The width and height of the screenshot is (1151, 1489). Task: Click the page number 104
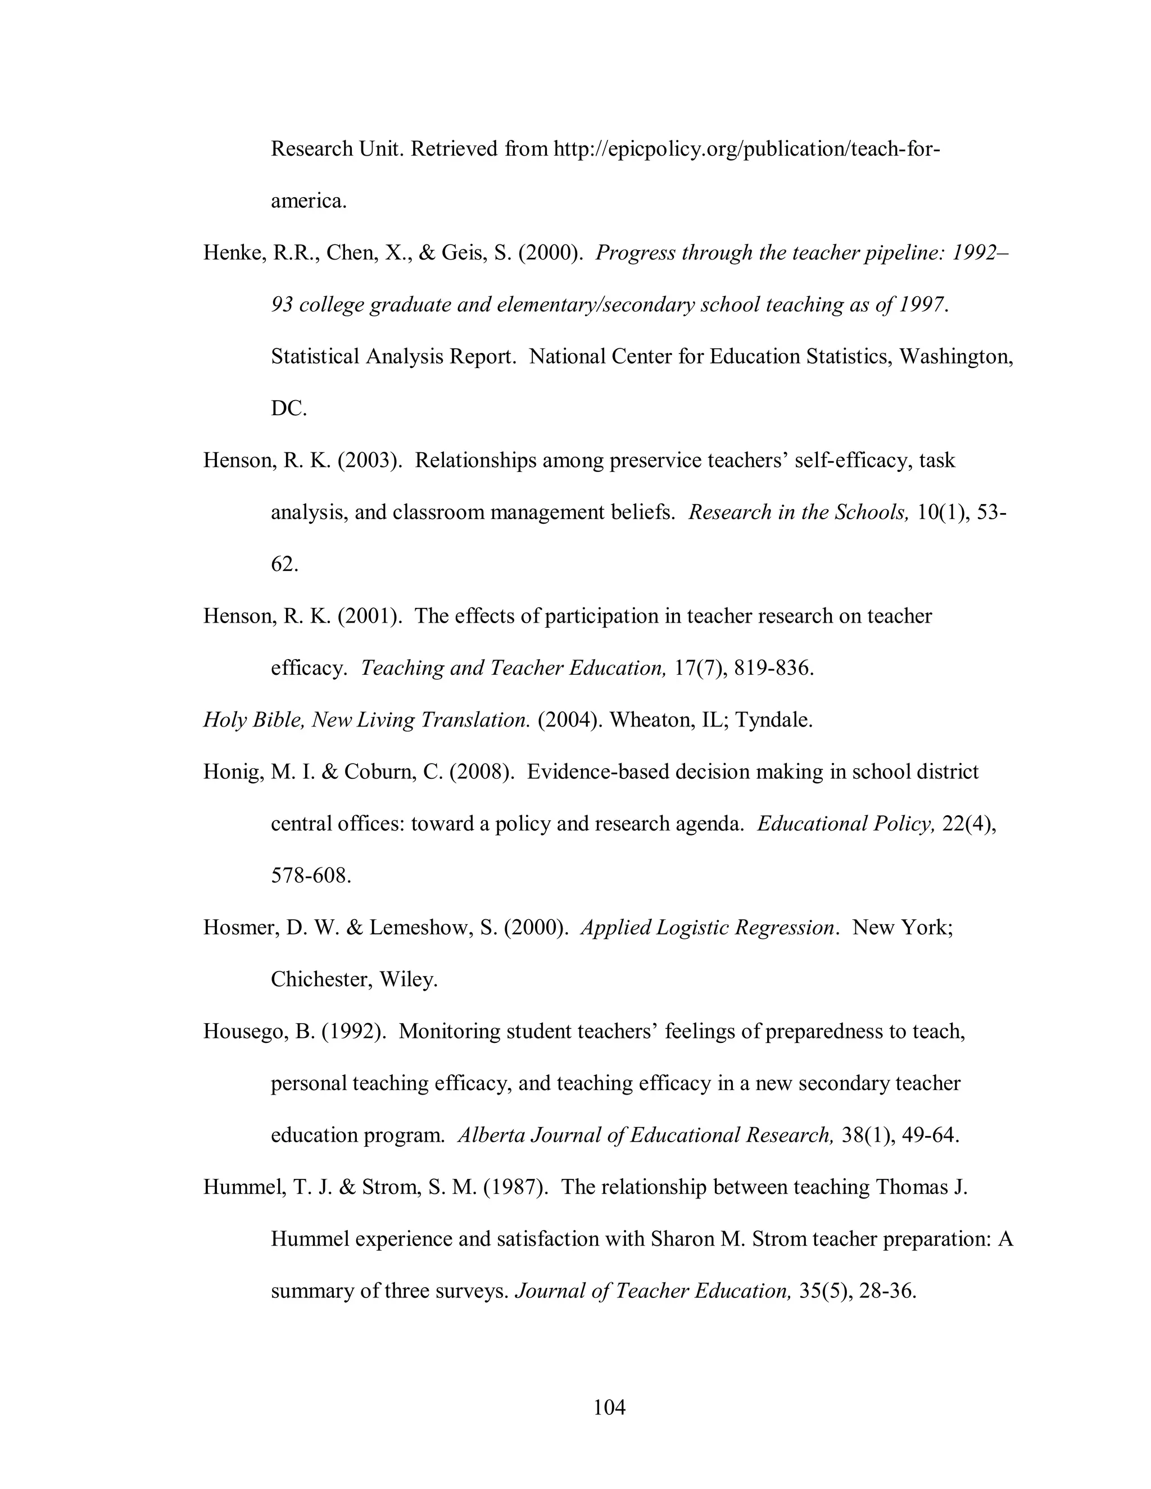tap(609, 1406)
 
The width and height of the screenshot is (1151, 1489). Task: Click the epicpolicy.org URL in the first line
tap(747, 149)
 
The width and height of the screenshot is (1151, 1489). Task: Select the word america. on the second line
tap(309, 201)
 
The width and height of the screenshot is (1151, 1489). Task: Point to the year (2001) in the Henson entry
tap(368, 616)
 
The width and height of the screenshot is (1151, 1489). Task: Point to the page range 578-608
tap(311, 875)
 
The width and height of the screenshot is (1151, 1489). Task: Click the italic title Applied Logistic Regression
tap(708, 927)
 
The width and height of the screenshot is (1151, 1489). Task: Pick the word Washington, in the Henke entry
tap(956, 357)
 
